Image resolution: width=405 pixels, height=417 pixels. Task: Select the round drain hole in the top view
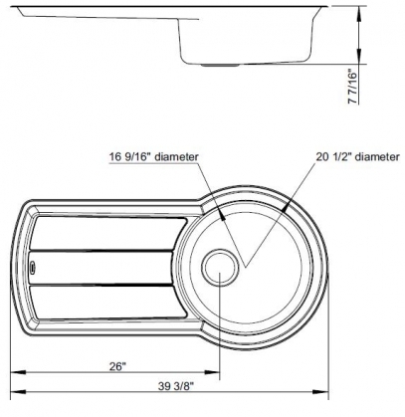point(219,267)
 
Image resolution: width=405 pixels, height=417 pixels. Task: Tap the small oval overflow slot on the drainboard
point(34,267)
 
